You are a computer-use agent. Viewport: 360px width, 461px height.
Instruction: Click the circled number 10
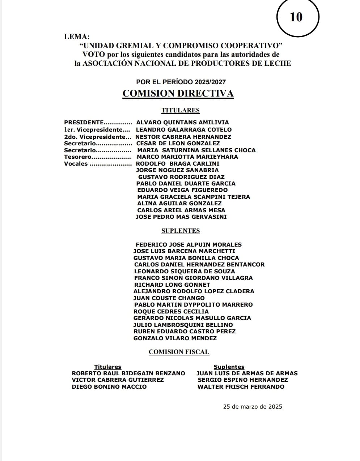pyautogui.click(x=296, y=17)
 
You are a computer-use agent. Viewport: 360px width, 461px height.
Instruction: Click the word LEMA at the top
pyautogui.click(x=76, y=37)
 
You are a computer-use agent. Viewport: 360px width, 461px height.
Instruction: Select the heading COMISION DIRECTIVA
pyautogui.click(x=178, y=93)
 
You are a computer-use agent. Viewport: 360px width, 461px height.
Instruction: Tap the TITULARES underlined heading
pyautogui.click(x=180, y=110)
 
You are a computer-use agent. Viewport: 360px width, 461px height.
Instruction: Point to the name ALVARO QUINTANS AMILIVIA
pyautogui.click(x=182, y=123)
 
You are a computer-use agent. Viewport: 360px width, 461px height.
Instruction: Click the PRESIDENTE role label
pyautogui.click(x=84, y=123)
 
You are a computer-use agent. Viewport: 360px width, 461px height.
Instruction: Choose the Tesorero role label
pyautogui.click(x=78, y=157)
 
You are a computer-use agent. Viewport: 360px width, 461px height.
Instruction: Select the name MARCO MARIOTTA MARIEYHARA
pyautogui.click(x=187, y=157)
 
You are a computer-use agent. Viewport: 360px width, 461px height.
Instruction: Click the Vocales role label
pyautogui.click(x=76, y=164)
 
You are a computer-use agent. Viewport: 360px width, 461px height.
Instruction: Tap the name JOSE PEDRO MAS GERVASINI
pyautogui.click(x=181, y=217)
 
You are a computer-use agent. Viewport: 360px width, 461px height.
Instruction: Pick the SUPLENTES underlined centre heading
pyautogui.click(x=181, y=231)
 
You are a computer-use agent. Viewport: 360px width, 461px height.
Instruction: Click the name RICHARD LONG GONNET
pyautogui.click(x=172, y=285)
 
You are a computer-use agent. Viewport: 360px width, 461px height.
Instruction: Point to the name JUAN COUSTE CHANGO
pyautogui.click(x=169, y=298)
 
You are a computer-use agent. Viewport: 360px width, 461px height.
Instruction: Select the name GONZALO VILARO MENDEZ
pyautogui.click(x=175, y=338)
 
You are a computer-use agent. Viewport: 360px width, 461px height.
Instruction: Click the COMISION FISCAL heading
pyautogui.click(x=179, y=352)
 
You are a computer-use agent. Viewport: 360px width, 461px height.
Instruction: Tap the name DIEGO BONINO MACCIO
pyautogui.click(x=109, y=387)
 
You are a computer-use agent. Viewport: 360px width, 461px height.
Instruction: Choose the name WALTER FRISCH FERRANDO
pyautogui.click(x=241, y=387)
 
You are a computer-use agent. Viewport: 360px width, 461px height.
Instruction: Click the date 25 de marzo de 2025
pyautogui.click(x=253, y=406)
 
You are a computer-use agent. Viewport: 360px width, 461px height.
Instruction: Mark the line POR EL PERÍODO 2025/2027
pyautogui.click(x=181, y=82)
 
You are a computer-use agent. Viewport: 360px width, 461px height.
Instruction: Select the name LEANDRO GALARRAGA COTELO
pyautogui.click(x=183, y=129)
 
